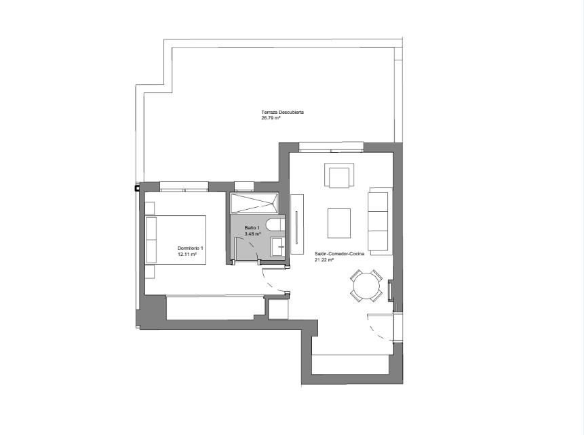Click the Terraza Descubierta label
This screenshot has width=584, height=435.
click(x=282, y=112)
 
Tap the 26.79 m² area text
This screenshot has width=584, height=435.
click(x=271, y=118)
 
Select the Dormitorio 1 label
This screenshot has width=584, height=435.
click(x=191, y=248)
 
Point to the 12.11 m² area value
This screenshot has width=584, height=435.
click(x=187, y=254)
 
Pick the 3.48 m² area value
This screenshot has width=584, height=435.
click(x=252, y=233)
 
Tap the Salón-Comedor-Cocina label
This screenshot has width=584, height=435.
click(x=339, y=254)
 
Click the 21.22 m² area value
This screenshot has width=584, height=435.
click(x=324, y=260)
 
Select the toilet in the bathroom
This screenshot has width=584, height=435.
click(x=275, y=225)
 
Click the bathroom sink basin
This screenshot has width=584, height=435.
click(x=278, y=247)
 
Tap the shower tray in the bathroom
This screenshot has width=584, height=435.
click(x=254, y=203)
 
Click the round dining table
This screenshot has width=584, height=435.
click(x=366, y=286)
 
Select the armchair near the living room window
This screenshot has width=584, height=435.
click(x=339, y=175)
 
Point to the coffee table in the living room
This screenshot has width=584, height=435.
click(x=339, y=223)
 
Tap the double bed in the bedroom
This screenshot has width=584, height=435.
click(x=176, y=240)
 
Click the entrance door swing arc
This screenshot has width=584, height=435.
click(x=380, y=330)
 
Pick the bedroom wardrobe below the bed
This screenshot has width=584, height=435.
click(x=215, y=307)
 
